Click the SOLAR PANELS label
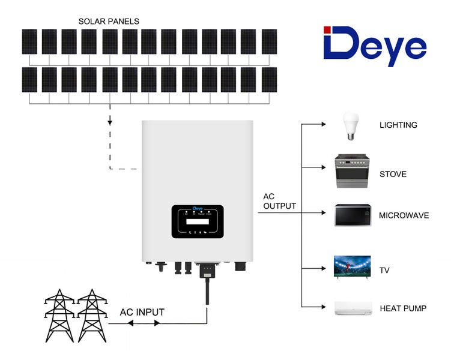tap(109, 22)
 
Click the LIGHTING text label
tap(398, 125)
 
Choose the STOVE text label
tap(393, 175)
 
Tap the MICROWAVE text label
tap(404, 215)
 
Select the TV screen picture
tap(348, 266)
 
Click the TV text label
tap(384, 271)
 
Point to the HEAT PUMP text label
tap(403, 308)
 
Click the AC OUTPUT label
tap(279, 202)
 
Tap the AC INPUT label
tap(142, 312)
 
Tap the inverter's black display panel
tap(198, 221)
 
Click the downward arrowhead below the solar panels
tap(110, 122)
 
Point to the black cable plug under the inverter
tap(206, 272)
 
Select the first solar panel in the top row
tap(29, 42)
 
